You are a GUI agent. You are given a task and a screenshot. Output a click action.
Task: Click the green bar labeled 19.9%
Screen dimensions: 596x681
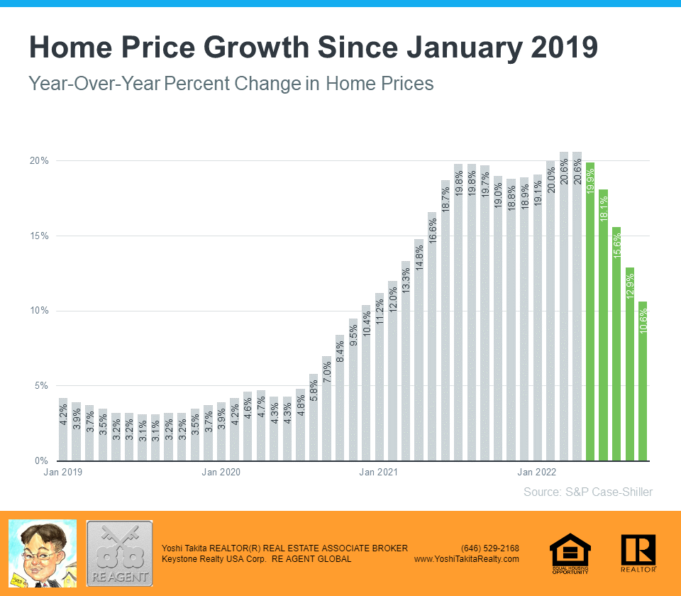590,312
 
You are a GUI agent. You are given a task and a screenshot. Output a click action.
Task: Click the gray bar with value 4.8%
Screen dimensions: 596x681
300,425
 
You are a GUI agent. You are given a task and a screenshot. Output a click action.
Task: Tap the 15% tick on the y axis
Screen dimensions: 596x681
38,236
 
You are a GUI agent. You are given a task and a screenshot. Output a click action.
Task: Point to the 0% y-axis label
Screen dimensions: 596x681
42,461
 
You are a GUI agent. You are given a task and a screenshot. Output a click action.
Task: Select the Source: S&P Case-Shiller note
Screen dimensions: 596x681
587,492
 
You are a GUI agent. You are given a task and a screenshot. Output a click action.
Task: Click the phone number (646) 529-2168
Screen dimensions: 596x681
489,548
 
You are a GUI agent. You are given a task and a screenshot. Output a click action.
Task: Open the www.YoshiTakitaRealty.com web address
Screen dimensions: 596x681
466,559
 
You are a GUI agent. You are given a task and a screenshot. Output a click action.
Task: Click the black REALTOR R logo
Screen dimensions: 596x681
638,553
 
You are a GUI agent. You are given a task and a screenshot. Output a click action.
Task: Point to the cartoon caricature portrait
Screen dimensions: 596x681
42,553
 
